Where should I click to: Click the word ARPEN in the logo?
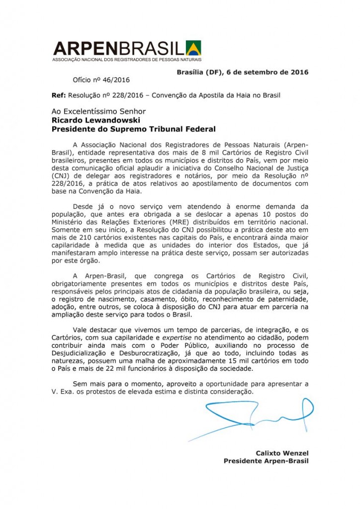[x=84, y=48]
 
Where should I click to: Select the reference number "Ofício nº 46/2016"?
[x=101, y=79]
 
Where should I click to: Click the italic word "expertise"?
[x=178, y=338]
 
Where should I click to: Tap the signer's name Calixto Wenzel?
[x=282, y=453]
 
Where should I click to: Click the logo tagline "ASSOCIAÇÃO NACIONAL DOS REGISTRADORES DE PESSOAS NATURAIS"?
[x=119, y=59]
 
